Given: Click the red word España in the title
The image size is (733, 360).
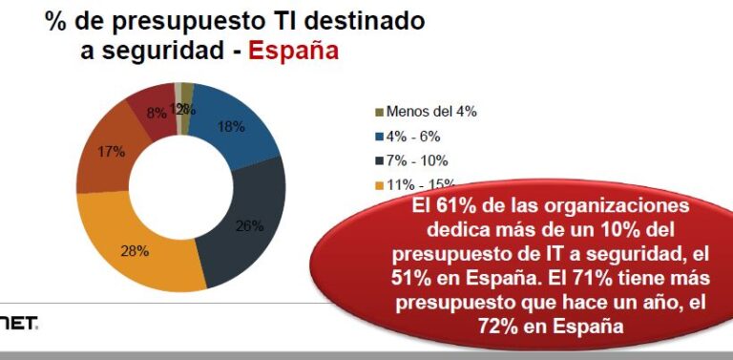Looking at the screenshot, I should (x=293, y=50).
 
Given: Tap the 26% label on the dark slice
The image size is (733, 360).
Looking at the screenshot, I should (x=250, y=225).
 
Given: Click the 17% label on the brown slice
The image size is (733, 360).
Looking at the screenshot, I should (x=112, y=151).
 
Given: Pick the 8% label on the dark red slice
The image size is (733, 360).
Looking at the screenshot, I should (x=157, y=112).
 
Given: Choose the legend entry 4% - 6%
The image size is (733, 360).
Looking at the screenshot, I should (x=417, y=136).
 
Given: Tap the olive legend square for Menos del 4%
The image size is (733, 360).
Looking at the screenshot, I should (x=378, y=111).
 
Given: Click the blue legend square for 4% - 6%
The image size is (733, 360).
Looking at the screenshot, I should (x=378, y=136).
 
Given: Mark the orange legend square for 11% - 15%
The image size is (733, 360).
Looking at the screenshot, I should (x=378, y=185).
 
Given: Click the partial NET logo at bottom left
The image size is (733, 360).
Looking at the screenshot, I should (x=19, y=326).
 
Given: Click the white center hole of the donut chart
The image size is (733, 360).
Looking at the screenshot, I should (x=180, y=186).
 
